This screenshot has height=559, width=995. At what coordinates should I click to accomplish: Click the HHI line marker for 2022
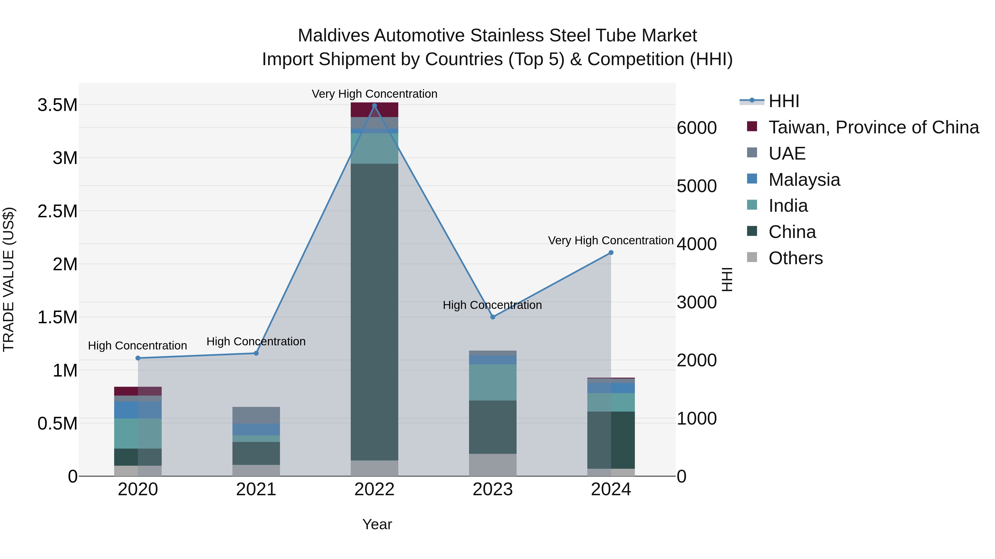[x=374, y=106]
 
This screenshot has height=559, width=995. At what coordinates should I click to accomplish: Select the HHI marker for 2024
[x=611, y=253]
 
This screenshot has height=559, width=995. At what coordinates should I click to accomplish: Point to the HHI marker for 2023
[x=493, y=317]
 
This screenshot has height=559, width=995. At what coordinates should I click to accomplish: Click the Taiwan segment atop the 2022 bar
[x=374, y=110]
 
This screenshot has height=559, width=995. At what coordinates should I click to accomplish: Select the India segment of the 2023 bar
[x=493, y=382]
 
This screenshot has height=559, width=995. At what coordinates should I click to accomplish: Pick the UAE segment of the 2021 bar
[x=256, y=415]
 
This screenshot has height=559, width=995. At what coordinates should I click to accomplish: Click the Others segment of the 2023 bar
[x=493, y=465]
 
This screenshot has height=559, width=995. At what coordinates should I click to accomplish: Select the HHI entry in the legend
[x=783, y=101]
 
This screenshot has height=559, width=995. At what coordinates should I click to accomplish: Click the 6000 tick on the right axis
[x=697, y=128]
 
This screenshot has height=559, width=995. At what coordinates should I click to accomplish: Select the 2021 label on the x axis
[x=256, y=489]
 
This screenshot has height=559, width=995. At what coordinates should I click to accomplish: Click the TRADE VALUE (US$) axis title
[x=9, y=279]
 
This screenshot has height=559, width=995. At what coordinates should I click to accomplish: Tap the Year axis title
[x=377, y=524]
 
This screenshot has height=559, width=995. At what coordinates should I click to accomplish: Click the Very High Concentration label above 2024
[x=610, y=240]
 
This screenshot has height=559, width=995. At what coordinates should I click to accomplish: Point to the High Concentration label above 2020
[x=138, y=346]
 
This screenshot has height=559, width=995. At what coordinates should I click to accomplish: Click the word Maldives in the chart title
[x=334, y=36]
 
